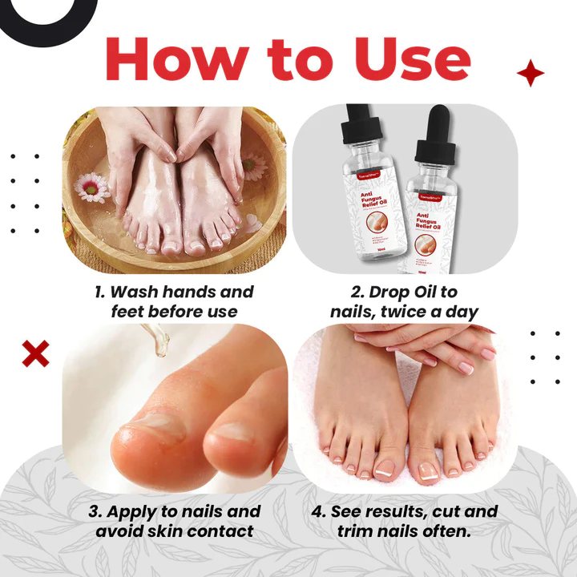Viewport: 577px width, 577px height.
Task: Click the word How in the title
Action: (173, 59)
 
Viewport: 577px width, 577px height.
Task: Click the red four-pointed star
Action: (530, 74)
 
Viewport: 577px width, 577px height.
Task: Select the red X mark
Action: (36, 353)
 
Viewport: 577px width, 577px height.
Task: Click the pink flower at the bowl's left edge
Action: (91, 188)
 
